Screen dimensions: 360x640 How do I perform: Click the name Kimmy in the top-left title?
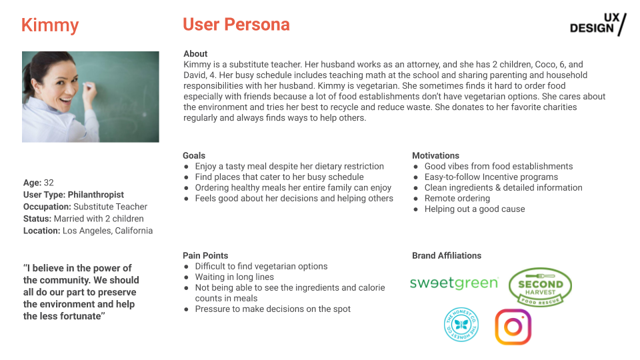tap(50, 25)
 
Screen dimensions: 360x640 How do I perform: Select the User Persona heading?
tap(236, 25)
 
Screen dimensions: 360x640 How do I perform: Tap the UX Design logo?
tap(598, 24)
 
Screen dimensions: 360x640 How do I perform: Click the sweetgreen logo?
tap(453, 283)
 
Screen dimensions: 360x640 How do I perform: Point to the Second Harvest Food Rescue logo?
tap(541, 287)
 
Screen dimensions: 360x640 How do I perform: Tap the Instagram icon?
tap(513, 327)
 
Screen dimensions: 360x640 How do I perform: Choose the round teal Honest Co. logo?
tap(462, 325)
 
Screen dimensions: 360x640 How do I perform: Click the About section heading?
tap(195, 53)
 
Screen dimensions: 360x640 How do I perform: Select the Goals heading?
tap(194, 155)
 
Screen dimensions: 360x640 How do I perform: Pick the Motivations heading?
tap(435, 155)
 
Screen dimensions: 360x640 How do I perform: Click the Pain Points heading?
tap(205, 255)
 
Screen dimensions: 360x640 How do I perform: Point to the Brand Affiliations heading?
tap(447, 255)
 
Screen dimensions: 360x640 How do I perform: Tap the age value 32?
tap(49, 183)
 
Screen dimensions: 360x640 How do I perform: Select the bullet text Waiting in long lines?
tap(234, 277)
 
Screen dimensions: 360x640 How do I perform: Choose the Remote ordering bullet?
tap(457, 198)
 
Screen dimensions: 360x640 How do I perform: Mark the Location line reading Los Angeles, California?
tap(107, 231)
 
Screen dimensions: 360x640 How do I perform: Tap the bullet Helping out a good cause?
tap(475, 209)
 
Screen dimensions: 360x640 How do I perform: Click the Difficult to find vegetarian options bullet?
tap(261, 266)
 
